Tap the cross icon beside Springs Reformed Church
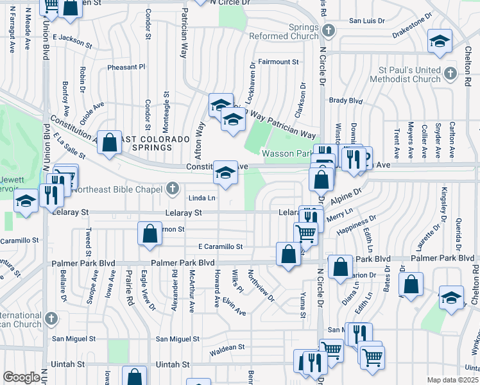pos(329,30)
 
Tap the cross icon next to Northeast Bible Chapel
pos(172,189)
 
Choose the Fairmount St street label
pos(279,62)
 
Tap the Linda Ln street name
pos(201,198)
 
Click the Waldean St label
pos(228,348)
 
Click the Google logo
pos(21,377)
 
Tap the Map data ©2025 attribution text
pos(453,380)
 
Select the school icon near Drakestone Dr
pos(440,42)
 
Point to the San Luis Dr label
pos(366,21)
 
